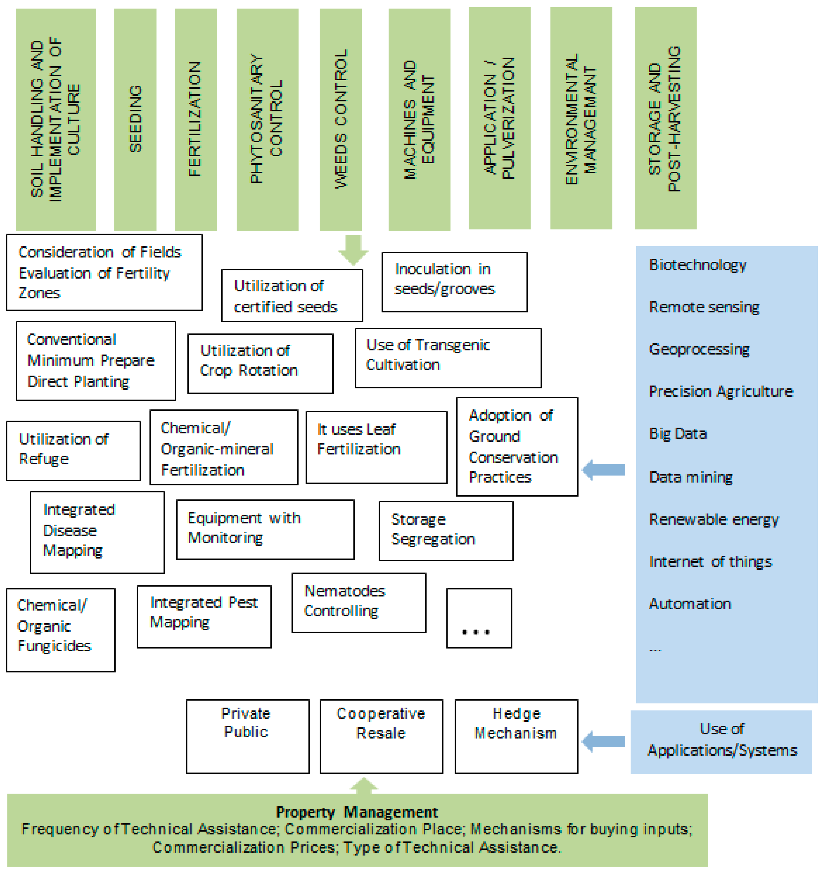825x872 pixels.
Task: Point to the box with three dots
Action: coord(479,618)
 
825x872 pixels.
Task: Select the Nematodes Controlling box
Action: coord(358,602)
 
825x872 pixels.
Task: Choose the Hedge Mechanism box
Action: coord(516,736)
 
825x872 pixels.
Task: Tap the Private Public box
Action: coord(248,736)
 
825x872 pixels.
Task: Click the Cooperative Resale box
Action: coord(381,736)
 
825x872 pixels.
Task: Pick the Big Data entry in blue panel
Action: coord(678,434)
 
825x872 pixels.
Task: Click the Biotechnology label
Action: coord(697,265)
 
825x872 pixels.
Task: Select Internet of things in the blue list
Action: coord(710,562)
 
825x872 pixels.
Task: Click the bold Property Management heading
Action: coord(357,812)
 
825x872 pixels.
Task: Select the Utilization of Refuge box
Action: coord(73,450)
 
